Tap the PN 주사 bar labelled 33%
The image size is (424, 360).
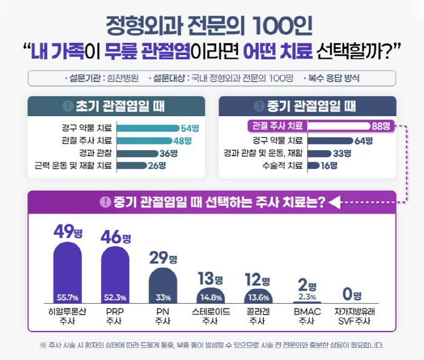tap(164, 287)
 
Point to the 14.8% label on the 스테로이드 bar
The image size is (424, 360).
tap(211, 297)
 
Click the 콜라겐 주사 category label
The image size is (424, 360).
tap(258, 316)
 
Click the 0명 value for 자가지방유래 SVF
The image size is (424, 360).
tap(352, 295)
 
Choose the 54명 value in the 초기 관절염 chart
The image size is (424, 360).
tap(190, 128)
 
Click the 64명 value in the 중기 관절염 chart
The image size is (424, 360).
tap(363, 141)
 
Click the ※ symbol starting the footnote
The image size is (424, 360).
tap(43, 345)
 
